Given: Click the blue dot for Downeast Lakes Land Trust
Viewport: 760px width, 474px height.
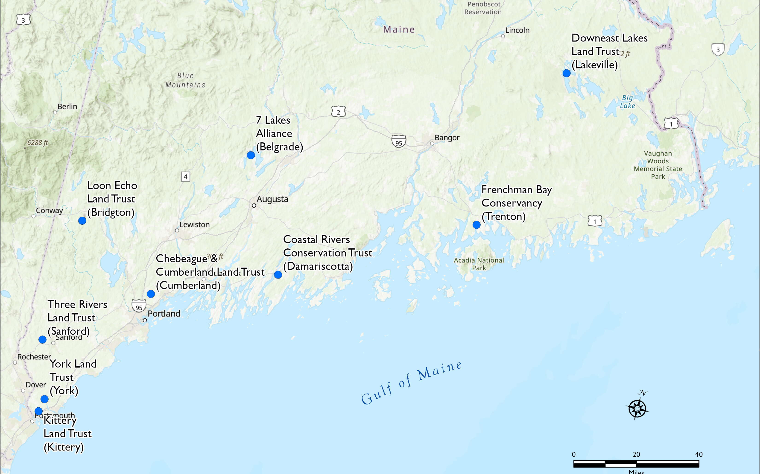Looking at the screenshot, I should tap(566, 73).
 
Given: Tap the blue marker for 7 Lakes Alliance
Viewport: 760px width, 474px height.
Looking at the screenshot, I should tap(251, 155).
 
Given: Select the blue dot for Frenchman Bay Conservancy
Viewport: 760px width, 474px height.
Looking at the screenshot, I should tap(476, 225).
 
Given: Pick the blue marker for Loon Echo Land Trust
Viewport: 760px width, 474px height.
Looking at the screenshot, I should tap(82, 221).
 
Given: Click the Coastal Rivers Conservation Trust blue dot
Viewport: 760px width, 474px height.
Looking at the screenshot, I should tap(278, 275).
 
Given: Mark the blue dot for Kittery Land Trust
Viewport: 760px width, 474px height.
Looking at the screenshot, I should tap(38, 411).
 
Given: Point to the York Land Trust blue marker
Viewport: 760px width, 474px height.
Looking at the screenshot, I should tap(44, 399).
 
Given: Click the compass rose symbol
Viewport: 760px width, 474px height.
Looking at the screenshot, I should tap(637, 409).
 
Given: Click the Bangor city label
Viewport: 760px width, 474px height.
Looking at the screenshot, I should tap(447, 138).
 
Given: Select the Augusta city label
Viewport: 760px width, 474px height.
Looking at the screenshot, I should tap(272, 199).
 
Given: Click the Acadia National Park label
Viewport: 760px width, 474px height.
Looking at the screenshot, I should tap(479, 264).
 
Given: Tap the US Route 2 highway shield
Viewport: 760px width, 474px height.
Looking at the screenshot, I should tap(338, 112).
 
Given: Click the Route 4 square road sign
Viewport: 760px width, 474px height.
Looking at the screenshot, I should tap(185, 177).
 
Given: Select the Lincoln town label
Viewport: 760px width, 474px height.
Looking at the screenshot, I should tap(517, 30).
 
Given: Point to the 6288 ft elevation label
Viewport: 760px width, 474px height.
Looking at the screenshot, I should tap(38, 143).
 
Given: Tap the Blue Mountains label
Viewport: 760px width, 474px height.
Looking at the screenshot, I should tap(185, 80).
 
